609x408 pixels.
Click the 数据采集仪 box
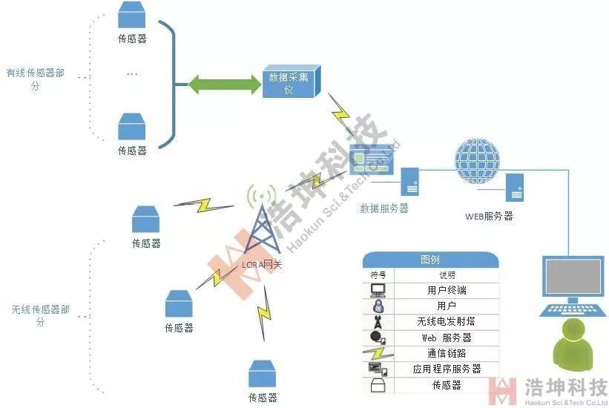(x=292, y=82)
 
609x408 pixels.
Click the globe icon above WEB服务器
(x=478, y=159)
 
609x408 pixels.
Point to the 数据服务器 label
(x=384, y=208)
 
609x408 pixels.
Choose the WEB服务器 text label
(x=489, y=216)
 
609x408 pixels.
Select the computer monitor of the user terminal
(x=575, y=279)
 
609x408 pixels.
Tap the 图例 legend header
(x=429, y=260)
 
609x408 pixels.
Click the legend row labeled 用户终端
(x=447, y=290)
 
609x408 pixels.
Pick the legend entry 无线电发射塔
(x=447, y=322)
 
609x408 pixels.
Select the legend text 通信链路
(x=447, y=353)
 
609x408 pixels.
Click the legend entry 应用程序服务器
(x=447, y=369)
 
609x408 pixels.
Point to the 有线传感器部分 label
(x=35, y=79)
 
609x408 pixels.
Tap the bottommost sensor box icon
(x=263, y=374)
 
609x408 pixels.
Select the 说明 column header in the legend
(x=447, y=275)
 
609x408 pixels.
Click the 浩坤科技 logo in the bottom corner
(x=549, y=391)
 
